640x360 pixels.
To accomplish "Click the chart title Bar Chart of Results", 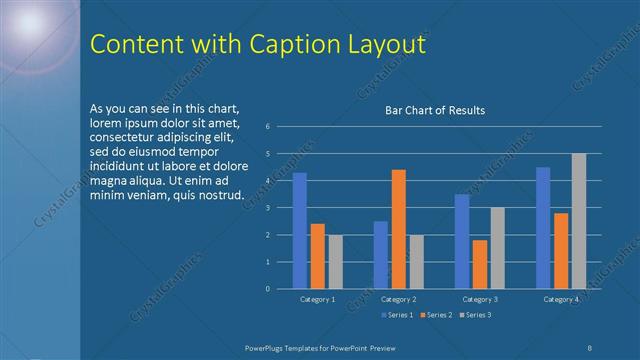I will pos(435,110).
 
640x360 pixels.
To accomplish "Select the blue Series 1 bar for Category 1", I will pos(299,230).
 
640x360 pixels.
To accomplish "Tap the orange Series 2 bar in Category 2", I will pos(398,229).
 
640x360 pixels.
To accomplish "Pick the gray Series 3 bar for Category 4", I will pos(579,221).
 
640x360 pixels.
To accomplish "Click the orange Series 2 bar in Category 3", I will pos(480,264).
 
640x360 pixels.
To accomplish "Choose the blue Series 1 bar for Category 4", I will pos(543,228).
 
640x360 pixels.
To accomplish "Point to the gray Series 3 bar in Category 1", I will pos(335,262).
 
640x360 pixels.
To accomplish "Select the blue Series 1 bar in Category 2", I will pos(380,255).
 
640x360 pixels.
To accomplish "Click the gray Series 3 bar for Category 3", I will pos(498,248).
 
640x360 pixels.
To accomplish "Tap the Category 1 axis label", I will pos(317,299).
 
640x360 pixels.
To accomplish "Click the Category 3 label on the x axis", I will pos(480,299).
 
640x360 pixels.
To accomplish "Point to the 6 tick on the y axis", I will pos(268,127).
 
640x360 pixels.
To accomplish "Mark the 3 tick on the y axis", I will pos(268,208).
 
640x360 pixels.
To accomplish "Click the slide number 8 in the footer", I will pos(590,346).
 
